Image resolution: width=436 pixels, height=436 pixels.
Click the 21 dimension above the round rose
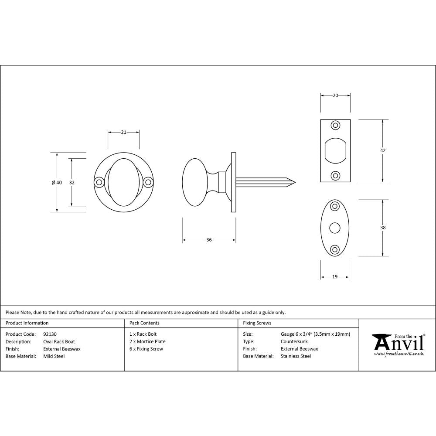pos(123,132)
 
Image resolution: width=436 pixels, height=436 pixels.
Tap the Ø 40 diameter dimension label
pos(57,183)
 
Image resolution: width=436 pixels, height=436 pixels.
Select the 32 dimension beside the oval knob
pos(72,183)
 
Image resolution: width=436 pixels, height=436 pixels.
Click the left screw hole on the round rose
pos(99,182)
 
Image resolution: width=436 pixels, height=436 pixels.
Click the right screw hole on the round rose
pos(148,182)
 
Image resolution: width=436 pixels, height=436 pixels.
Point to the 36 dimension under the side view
pos(209,240)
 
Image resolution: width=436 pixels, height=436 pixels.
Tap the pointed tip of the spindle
pos(295,182)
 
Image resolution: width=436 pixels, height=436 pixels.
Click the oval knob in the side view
pos(195,182)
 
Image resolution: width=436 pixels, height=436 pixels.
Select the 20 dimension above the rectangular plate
pos(335,95)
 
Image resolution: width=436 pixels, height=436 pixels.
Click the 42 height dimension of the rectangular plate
pos(383,150)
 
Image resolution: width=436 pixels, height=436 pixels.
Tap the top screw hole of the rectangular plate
pos(335,125)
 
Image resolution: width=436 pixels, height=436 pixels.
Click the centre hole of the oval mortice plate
pos(335,228)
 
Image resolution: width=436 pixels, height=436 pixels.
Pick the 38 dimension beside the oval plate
pos(383,228)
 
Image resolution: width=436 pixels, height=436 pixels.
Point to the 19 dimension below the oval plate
pos(335,276)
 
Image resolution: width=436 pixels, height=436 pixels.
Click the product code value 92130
pos(50,334)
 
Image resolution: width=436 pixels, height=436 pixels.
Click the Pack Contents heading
pos(144,323)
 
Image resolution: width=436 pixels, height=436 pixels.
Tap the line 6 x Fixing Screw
pos(146,349)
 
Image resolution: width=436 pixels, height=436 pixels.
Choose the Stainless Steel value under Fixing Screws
pos(296,356)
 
